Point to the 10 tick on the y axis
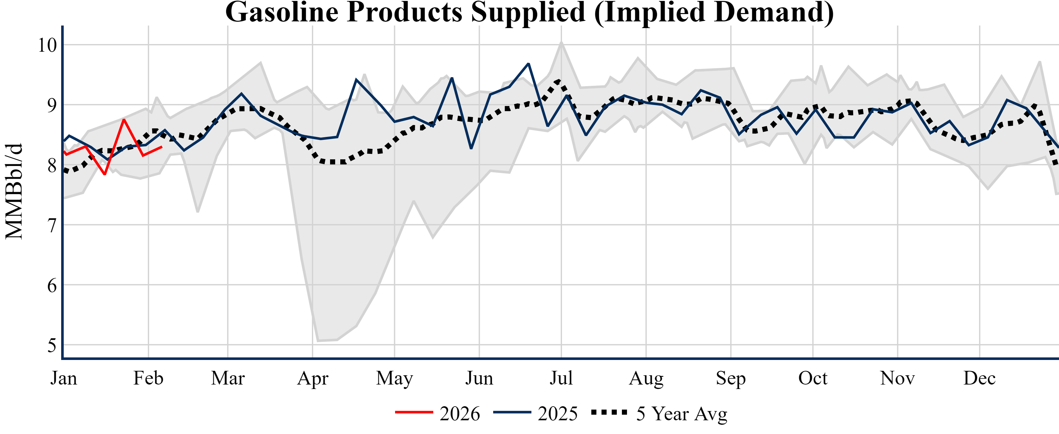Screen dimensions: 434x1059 [47, 45]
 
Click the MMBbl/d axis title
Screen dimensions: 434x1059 [14, 191]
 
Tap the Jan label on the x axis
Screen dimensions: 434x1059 [64, 378]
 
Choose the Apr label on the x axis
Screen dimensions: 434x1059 [313, 378]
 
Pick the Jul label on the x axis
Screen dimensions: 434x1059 [561, 378]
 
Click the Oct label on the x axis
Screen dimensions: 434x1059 [813, 378]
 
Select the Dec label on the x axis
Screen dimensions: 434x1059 [980, 378]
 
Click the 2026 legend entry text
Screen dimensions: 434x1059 [460, 413]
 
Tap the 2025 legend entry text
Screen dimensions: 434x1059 [558, 413]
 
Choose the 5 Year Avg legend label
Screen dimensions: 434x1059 [681, 413]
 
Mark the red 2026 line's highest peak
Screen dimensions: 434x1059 [124, 119]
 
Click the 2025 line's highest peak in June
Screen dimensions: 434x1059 [529, 64]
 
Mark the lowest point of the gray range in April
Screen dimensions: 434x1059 [318, 341]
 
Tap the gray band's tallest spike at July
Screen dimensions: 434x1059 [561, 42]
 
